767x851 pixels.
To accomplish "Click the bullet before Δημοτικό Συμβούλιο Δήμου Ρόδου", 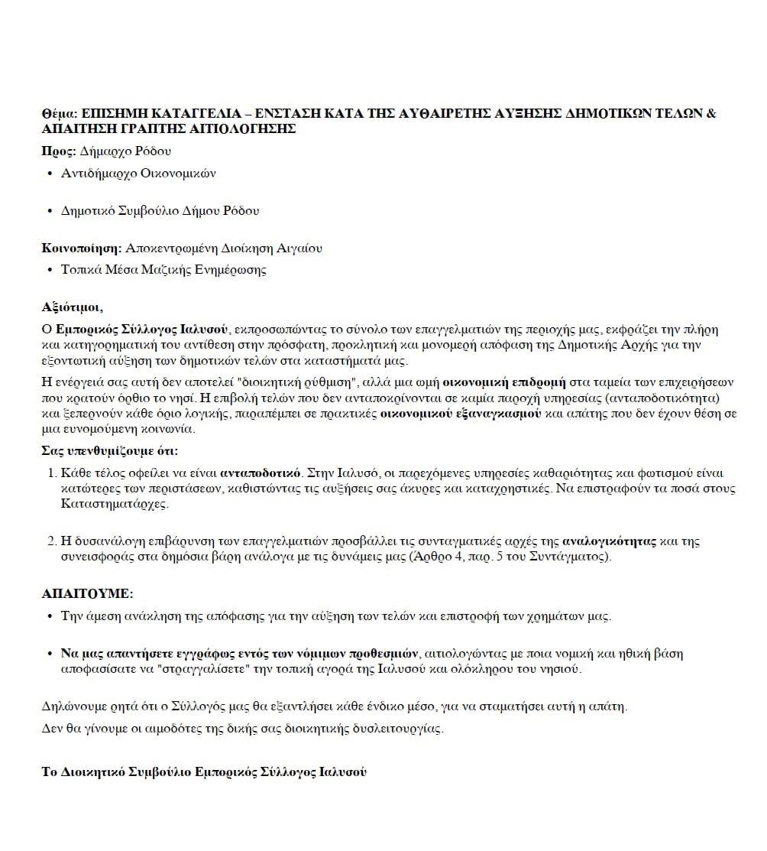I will coord(50,211).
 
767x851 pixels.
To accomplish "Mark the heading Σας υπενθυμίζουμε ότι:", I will coord(109,450).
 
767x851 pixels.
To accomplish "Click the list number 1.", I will coord(52,472).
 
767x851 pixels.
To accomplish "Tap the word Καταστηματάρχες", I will coord(115,504).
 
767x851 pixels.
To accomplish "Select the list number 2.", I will coord(52,541).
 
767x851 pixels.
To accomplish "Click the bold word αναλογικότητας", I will coord(609,541).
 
